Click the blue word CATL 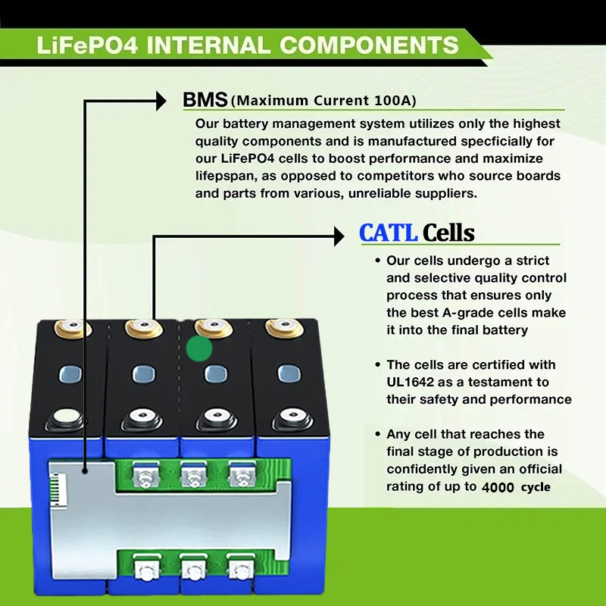pyautogui.click(x=388, y=233)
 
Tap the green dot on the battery pyautogui.click(x=198, y=350)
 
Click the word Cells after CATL pyautogui.click(x=448, y=233)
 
